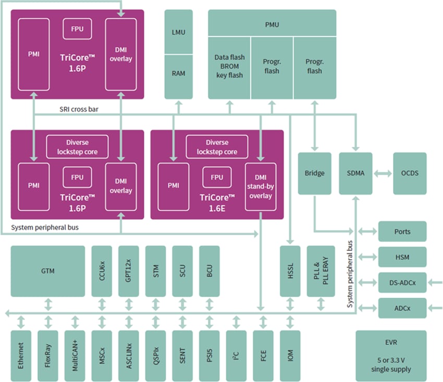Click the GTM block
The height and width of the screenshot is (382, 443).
click(47, 271)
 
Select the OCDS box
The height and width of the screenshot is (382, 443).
click(409, 173)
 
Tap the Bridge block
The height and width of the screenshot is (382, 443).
click(314, 173)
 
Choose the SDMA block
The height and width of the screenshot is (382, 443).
click(355, 173)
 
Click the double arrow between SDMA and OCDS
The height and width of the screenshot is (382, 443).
click(383, 173)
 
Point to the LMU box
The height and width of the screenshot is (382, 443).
click(178, 32)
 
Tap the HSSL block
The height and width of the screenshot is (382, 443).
click(290, 271)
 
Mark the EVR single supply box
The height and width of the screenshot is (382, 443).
click(391, 354)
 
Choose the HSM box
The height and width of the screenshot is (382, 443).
click(402, 257)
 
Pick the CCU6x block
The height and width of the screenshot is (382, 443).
click(102, 271)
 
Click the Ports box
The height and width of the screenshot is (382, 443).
click(402, 232)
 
